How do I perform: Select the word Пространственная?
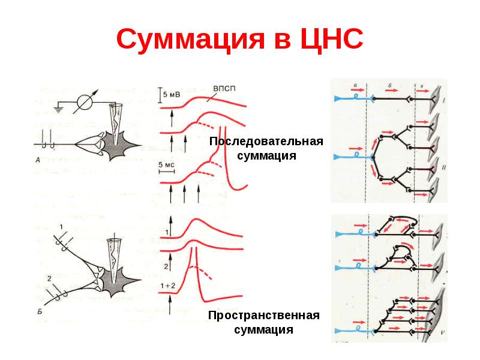[263, 316]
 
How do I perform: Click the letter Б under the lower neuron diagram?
[39, 311]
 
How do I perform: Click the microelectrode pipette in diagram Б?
[113, 253]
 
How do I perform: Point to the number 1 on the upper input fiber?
[62, 227]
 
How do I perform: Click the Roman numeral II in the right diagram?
[442, 169]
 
